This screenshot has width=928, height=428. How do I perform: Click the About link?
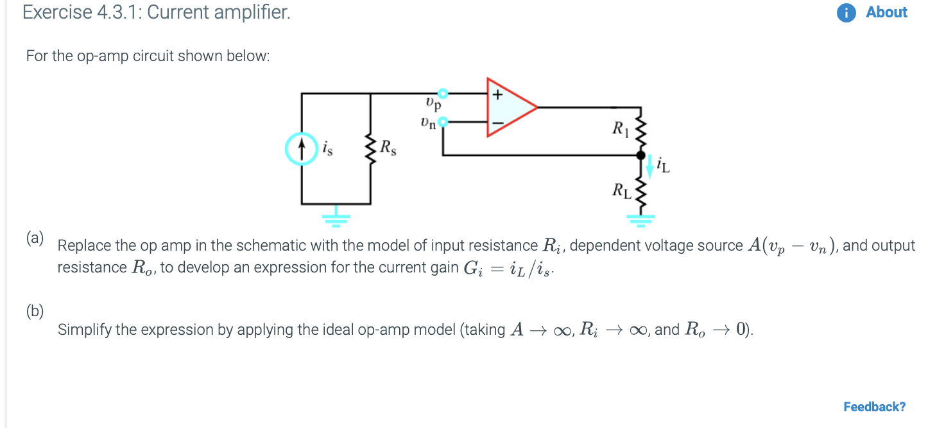[x=886, y=12]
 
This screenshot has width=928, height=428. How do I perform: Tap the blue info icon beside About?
[x=846, y=13]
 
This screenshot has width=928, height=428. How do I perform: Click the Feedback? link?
[x=874, y=407]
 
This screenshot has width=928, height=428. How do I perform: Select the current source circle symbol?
[x=302, y=148]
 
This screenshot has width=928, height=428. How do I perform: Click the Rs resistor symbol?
[x=370, y=148]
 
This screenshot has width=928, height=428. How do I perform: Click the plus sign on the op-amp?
[x=497, y=94]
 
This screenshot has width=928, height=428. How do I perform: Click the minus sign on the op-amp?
[x=497, y=121]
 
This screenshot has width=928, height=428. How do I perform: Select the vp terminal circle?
[x=442, y=94]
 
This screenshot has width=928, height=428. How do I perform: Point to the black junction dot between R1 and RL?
[x=640, y=156]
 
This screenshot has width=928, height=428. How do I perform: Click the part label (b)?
[x=35, y=312]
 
